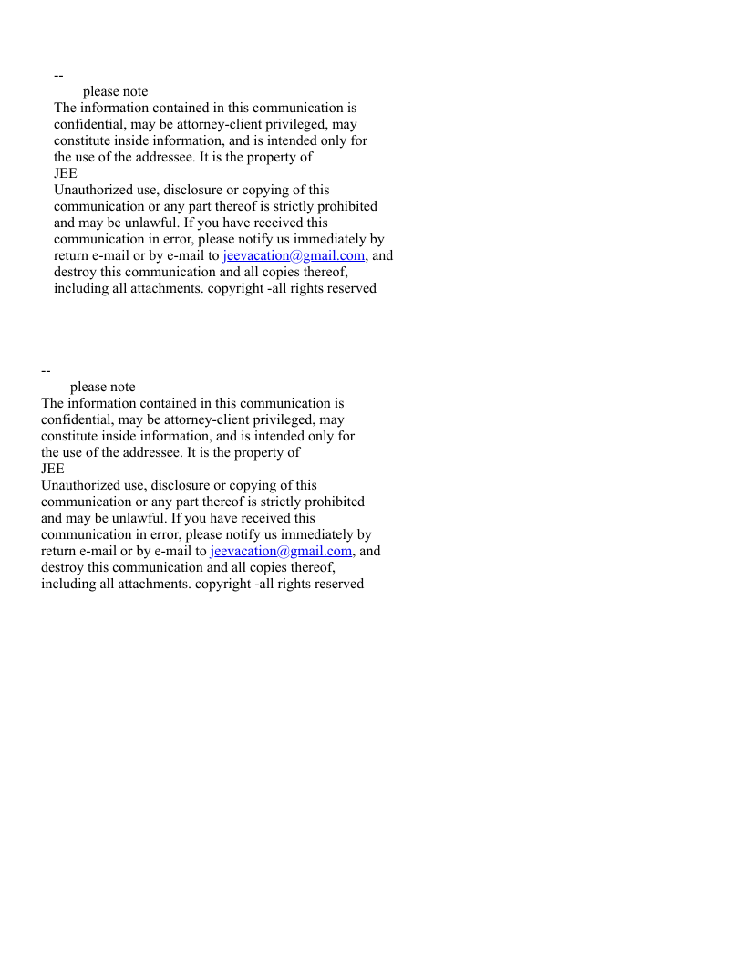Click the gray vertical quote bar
click(46, 173)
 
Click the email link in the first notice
click(294, 256)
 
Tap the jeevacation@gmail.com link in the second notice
click(281, 552)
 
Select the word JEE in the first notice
click(66, 174)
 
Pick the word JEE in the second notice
click(53, 470)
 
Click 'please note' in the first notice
click(115, 92)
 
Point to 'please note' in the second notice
click(102, 388)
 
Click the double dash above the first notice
click(58, 75)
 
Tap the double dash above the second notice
click(46, 370)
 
